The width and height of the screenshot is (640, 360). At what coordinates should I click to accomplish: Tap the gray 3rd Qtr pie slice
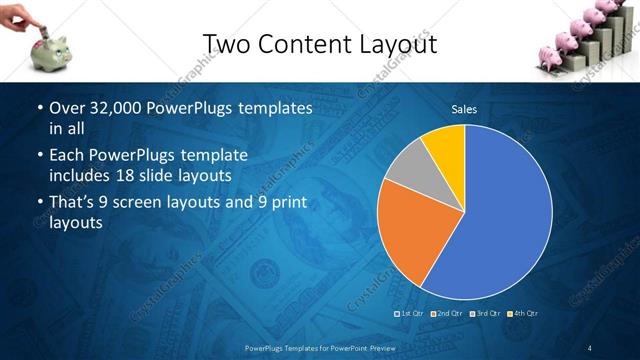pos(404,176)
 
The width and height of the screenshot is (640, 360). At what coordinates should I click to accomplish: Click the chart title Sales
pos(464,109)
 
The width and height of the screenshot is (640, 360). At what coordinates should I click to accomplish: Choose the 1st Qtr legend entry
pos(412,314)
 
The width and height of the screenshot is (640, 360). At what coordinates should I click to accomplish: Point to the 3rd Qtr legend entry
pos(486,314)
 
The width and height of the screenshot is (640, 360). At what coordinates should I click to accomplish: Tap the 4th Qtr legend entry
pos(524,314)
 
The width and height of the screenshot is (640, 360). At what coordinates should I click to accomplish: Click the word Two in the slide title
pos(226,43)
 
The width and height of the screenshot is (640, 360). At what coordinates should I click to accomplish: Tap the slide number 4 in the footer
pos(590,347)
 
